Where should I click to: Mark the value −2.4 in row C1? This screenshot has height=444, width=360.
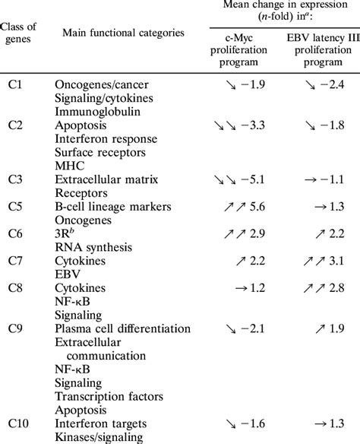331,101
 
